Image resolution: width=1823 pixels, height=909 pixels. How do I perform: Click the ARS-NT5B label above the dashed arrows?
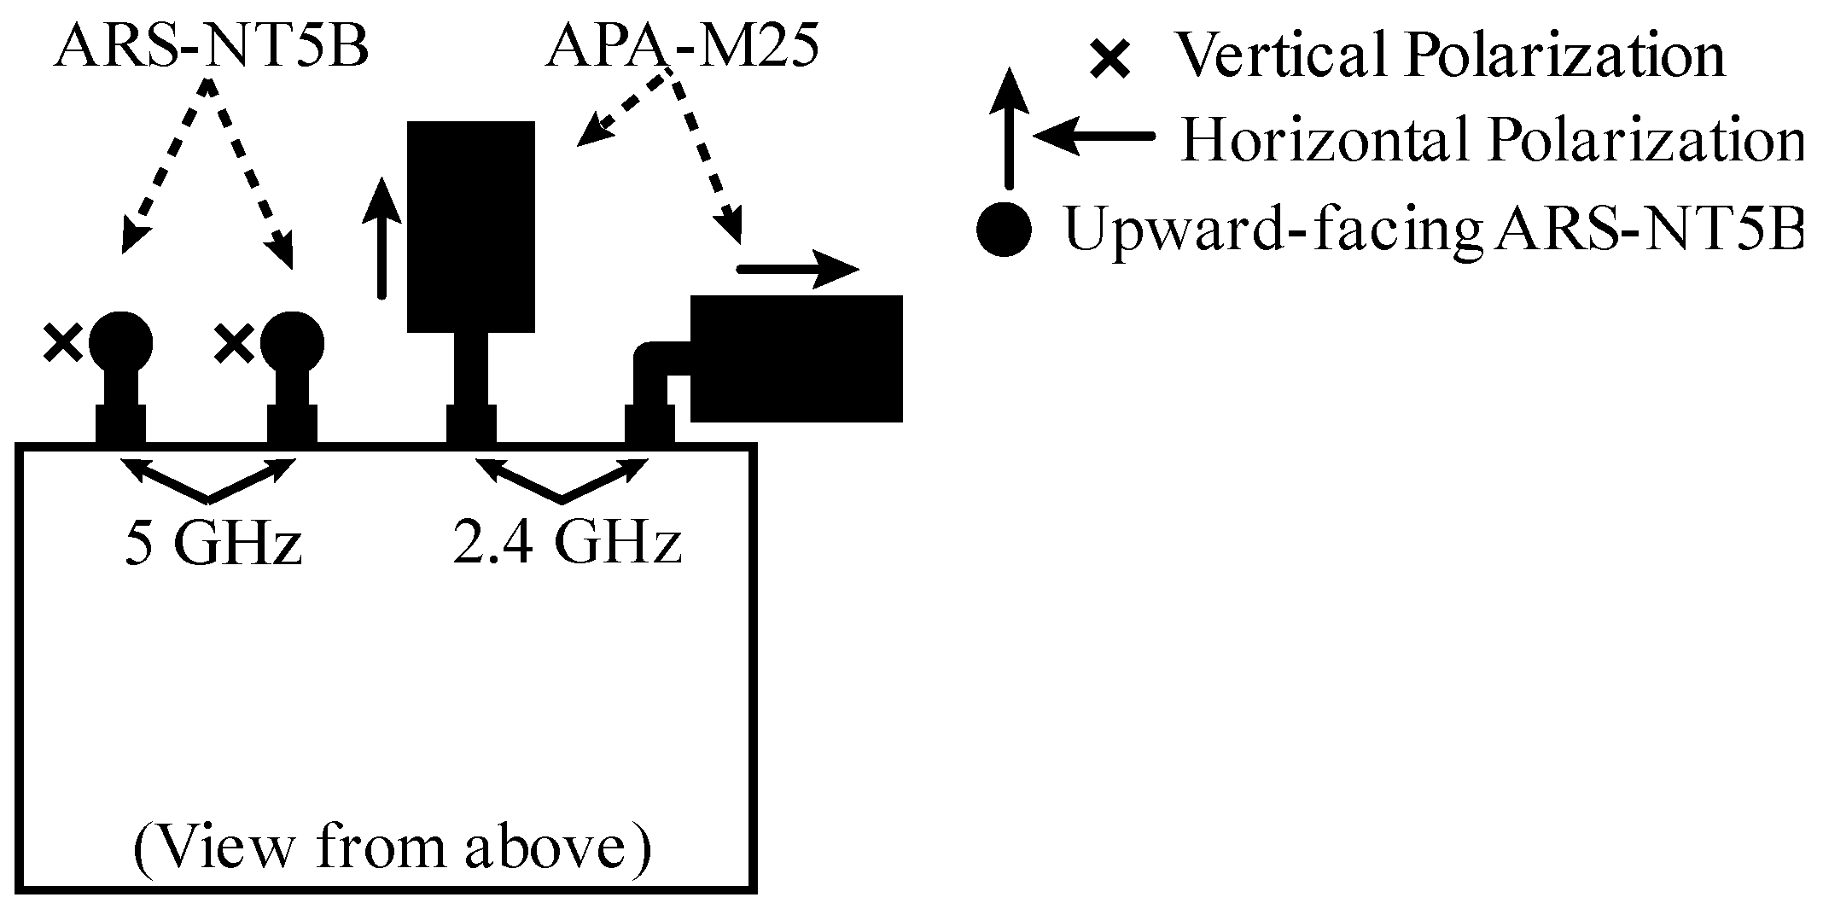pyautogui.click(x=211, y=49)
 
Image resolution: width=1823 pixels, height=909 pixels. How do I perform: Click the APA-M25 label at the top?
pyautogui.click(x=682, y=49)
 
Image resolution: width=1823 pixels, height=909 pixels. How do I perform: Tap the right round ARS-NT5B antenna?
pyautogui.click(x=292, y=343)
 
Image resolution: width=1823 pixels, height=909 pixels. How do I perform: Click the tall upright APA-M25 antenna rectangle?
pyautogui.click(x=470, y=226)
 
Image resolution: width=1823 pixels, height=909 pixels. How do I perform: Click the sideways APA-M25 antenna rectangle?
pyautogui.click(x=795, y=358)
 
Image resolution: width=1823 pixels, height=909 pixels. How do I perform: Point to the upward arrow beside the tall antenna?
pyautogui.click(x=381, y=242)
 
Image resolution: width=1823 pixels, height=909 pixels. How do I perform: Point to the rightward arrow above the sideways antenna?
pyautogui.click(x=797, y=270)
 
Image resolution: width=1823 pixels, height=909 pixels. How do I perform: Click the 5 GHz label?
pyautogui.click(x=213, y=544)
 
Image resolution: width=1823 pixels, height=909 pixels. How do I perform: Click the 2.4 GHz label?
pyautogui.click(x=567, y=544)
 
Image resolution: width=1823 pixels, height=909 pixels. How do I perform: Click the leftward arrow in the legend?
pyautogui.click(x=1092, y=137)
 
